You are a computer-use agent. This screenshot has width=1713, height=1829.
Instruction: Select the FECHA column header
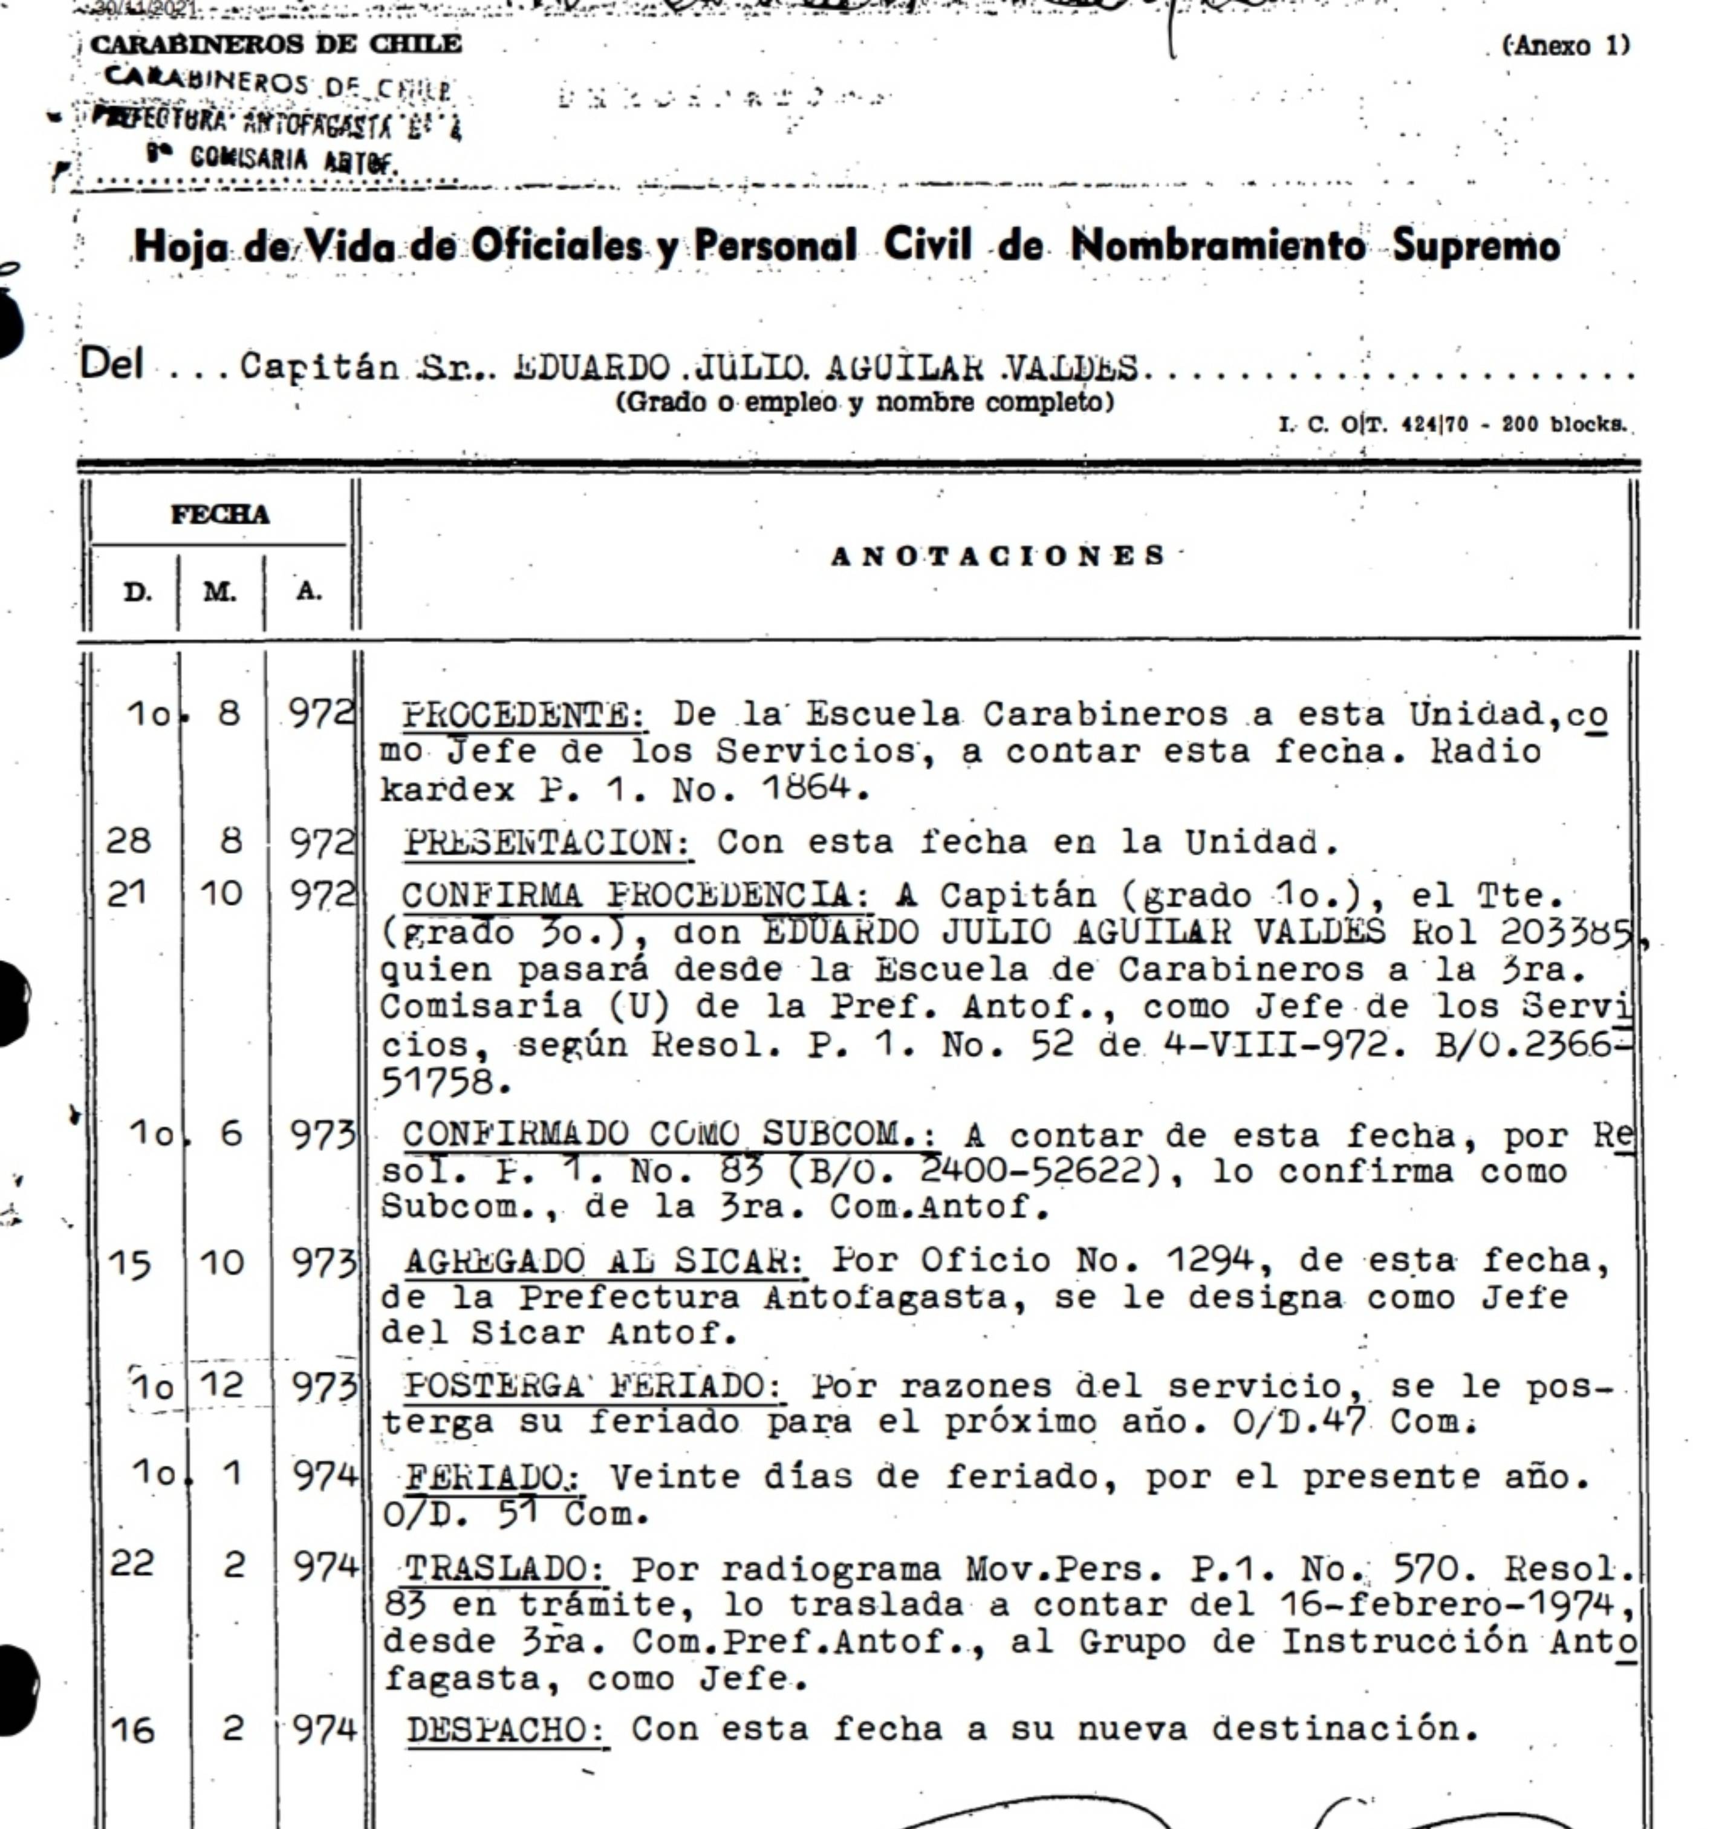point(220,515)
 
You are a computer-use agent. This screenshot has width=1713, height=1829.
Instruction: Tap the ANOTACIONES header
point(998,556)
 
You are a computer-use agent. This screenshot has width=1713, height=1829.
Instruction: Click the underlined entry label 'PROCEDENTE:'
point(524,715)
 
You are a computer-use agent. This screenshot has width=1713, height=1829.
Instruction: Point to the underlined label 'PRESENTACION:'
point(548,842)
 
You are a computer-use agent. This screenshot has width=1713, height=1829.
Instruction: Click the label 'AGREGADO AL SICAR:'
point(605,1261)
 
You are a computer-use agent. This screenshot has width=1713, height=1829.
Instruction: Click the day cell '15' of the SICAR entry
point(130,1263)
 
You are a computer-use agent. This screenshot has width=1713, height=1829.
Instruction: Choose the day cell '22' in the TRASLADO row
point(132,1564)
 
